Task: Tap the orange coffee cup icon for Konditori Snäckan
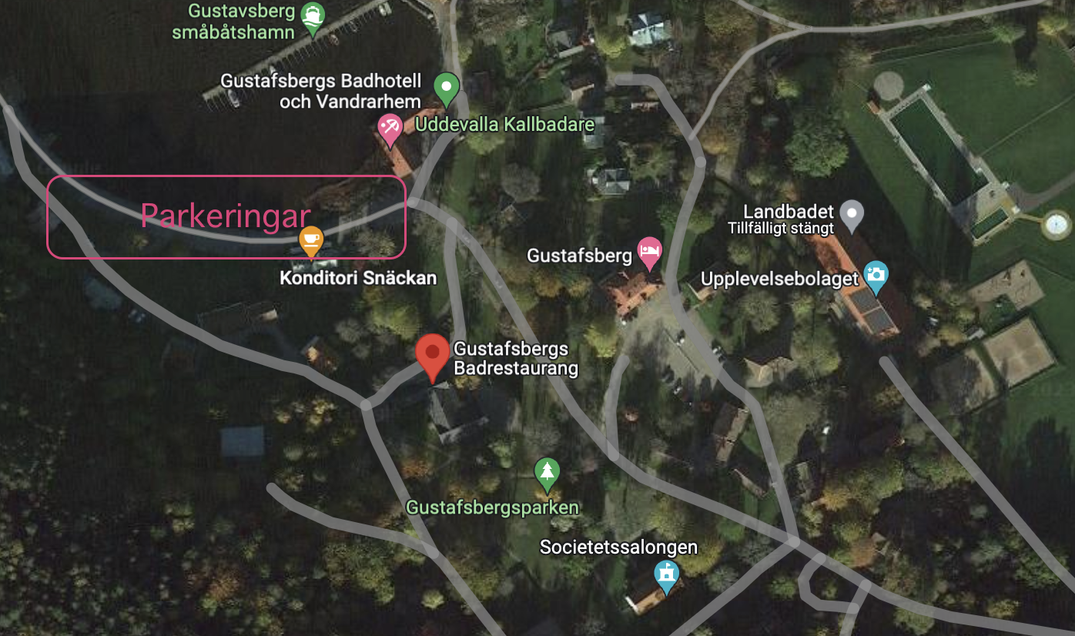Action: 310,240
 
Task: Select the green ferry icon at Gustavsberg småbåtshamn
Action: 313,17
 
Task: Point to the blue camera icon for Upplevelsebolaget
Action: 876,275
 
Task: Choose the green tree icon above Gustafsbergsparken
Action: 547,472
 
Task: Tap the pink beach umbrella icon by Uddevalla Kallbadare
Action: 389,127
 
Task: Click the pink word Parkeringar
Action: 226,216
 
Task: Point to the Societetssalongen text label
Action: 618,547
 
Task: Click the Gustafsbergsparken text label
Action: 492,508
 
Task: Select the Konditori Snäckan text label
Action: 358,278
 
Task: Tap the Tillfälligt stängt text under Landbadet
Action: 781,228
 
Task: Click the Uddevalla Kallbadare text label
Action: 504,125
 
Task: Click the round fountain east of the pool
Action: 1055,225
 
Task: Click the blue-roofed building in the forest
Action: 242,442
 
